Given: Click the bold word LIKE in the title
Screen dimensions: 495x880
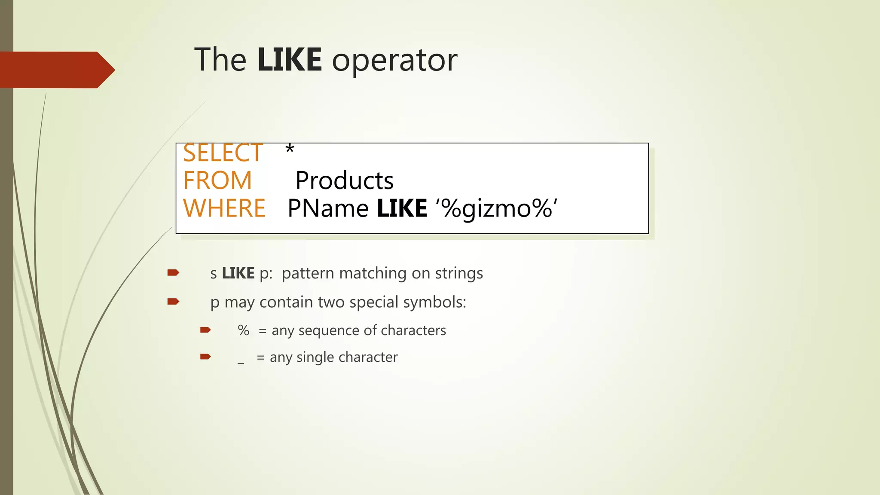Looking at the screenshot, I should tap(289, 60).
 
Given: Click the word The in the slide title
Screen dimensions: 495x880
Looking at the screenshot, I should tap(220, 60).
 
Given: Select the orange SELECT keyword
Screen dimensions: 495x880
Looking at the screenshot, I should tap(223, 153).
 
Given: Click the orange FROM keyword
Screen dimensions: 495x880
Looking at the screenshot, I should tap(217, 180).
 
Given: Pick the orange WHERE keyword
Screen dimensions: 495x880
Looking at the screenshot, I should tap(224, 208).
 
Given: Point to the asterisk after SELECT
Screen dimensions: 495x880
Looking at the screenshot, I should tap(290, 150).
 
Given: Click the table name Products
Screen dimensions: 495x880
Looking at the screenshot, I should tap(344, 180).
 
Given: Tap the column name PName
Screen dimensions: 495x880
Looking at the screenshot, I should tap(328, 209).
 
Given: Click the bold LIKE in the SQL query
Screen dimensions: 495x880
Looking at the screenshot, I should tap(402, 209).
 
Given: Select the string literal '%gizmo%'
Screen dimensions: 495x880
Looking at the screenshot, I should tap(497, 209).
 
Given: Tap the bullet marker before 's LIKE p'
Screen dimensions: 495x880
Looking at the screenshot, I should tap(173, 272).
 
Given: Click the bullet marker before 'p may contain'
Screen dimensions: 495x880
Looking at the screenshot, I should tap(173, 301).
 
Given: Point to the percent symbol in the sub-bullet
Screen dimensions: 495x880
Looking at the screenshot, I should tap(243, 330).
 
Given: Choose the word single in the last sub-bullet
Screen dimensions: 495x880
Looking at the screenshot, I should tap(315, 357).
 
